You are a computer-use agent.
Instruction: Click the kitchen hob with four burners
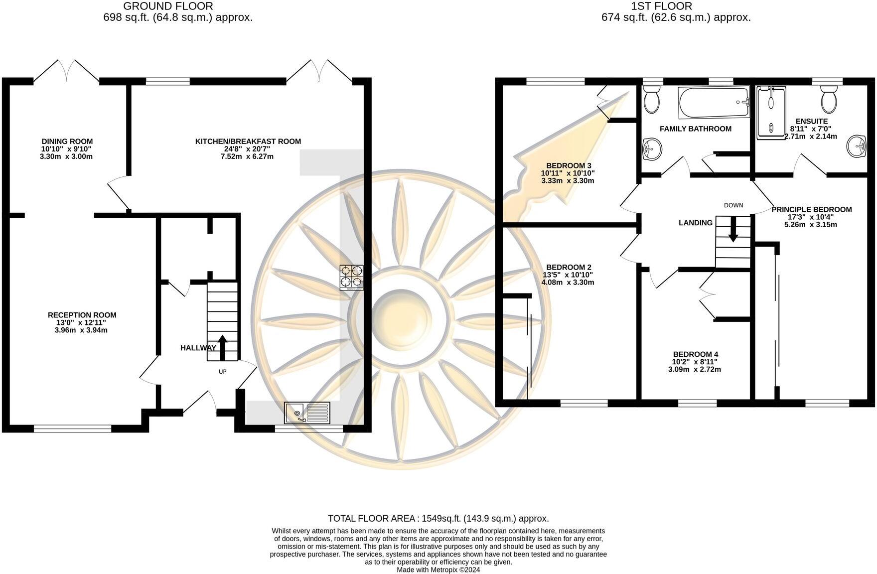(351, 278)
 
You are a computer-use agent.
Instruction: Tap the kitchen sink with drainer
(307, 413)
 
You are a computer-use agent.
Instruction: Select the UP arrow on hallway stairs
(222, 348)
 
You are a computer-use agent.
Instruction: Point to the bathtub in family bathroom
(714, 103)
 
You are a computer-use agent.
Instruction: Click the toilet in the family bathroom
(651, 99)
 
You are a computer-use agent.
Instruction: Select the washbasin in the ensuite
(858, 146)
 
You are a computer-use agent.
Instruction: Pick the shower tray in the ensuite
(770, 112)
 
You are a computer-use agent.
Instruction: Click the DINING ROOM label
(67, 142)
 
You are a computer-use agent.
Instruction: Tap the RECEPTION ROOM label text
(82, 315)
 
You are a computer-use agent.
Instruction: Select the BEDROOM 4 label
(695, 354)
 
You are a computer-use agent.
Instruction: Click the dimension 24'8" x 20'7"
(248, 149)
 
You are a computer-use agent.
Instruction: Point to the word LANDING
(695, 223)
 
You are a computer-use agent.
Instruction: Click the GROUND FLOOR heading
(168, 6)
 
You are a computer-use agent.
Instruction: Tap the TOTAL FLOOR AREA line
(438, 518)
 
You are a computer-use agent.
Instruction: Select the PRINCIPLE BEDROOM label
(811, 209)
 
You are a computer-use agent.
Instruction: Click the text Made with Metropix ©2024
(438, 570)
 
